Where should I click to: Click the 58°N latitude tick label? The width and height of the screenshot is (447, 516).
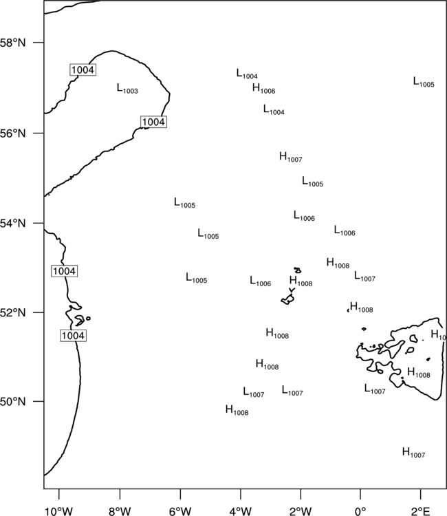point(13,43)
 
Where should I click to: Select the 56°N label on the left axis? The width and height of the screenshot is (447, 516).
point(13,133)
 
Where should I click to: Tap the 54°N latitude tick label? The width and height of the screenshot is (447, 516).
point(13,224)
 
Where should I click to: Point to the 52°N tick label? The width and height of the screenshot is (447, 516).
point(13,312)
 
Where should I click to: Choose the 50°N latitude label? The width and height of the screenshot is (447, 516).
point(13,402)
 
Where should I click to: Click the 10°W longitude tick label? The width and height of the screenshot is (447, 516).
point(59,511)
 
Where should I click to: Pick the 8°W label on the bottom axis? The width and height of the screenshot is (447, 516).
point(120,511)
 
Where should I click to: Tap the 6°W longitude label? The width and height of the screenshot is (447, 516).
point(180,511)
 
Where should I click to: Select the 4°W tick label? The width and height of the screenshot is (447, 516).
point(241,511)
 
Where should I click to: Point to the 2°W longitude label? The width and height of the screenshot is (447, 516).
point(301,511)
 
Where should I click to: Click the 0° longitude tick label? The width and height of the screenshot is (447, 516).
point(360,511)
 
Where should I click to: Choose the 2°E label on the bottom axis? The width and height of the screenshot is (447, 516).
point(421,511)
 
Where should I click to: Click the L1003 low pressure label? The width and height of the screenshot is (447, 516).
point(127,89)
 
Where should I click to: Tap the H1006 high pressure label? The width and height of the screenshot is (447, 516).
point(264,89)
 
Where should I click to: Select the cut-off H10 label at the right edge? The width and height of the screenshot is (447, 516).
point(438,335)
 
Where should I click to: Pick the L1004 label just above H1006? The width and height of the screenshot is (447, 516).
point(247,74)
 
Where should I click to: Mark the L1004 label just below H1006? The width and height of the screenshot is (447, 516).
point(274,110)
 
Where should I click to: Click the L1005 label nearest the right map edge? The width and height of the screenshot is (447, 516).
point(424,83)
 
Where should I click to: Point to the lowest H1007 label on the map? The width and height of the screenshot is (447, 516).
point(414,453)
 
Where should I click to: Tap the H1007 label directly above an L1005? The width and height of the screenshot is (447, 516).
point(291,157)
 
